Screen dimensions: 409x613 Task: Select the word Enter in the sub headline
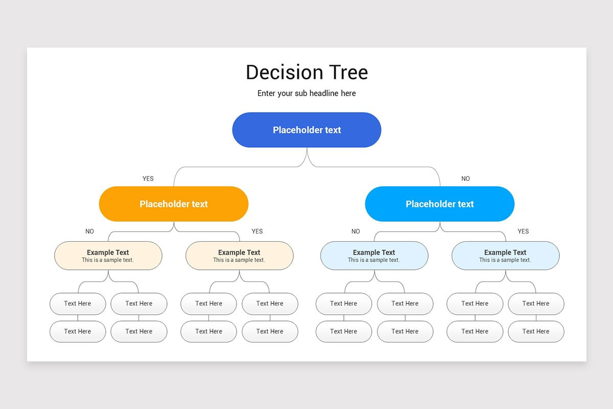(267, 94)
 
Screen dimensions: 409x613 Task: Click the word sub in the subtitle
(301, 94)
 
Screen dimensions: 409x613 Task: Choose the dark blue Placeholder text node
(306, 130)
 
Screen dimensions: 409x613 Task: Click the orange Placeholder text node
(174, 204)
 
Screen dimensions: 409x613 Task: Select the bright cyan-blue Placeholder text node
(440, 204)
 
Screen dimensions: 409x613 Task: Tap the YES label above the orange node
(148, 179)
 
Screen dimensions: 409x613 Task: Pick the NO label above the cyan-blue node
(465, 179)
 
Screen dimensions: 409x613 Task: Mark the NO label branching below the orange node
(90, 232)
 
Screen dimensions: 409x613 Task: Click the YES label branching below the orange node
(257, 232)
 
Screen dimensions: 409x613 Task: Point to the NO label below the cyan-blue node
(356, 232)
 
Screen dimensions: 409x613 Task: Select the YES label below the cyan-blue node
(523, 232)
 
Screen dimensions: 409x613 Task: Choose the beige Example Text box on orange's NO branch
(108, 256)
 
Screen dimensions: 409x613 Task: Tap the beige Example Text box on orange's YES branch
(239, 256)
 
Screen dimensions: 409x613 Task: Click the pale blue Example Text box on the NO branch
(374, 256)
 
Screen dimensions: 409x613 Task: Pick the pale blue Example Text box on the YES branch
(505, 256)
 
